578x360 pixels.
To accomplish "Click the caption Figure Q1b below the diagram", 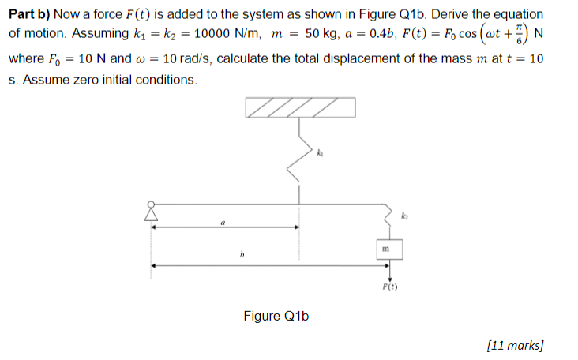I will click(276, 317).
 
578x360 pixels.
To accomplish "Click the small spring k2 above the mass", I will click(387, 218).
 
